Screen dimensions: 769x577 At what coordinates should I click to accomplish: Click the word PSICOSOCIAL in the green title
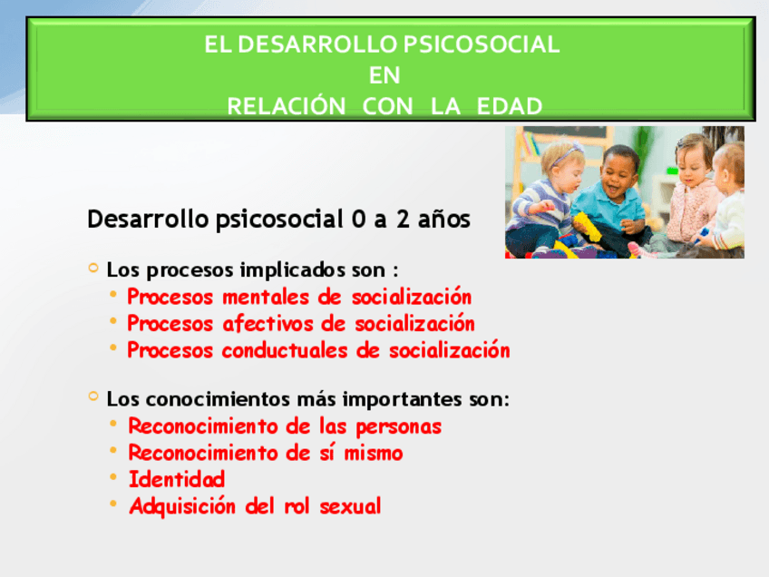click(482, 44)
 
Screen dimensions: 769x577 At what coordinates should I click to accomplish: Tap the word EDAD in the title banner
click(510, 106)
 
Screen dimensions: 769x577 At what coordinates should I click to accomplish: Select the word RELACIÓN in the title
click(287, 105)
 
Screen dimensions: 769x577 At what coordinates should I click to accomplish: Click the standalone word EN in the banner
click(384, 75)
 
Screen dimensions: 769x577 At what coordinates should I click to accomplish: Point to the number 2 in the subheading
click(403, 219)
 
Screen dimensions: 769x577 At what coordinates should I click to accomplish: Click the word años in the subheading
click(443, 219)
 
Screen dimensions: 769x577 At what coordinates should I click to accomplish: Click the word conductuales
click(285, 350)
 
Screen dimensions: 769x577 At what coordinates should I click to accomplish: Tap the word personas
click(398, 427)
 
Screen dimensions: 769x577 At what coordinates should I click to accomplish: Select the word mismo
click(374, 453)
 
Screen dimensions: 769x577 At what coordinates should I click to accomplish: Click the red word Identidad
click(177, 479)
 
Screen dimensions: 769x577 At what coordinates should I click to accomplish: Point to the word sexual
click(350, 506)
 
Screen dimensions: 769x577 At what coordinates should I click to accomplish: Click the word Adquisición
click(182, 506)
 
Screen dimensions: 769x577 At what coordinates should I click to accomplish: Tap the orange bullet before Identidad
click(113, 476)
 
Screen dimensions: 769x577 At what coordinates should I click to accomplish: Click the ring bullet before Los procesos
click(93, 268)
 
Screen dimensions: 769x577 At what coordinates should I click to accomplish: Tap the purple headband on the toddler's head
click(566, 153)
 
